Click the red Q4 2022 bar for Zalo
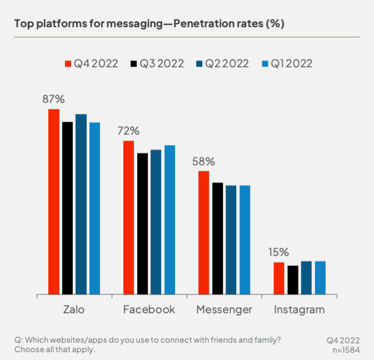54,201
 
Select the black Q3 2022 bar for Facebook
143,223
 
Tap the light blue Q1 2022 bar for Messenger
245,239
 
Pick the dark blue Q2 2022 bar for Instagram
306,277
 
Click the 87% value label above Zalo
54,99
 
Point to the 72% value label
128,131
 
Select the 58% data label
203,162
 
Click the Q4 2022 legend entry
92,63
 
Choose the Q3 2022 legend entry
157,63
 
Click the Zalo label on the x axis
74,310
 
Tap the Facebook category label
149,310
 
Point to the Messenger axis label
224,310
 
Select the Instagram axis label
299,310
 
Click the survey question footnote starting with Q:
147,344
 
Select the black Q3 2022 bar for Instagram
293,279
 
